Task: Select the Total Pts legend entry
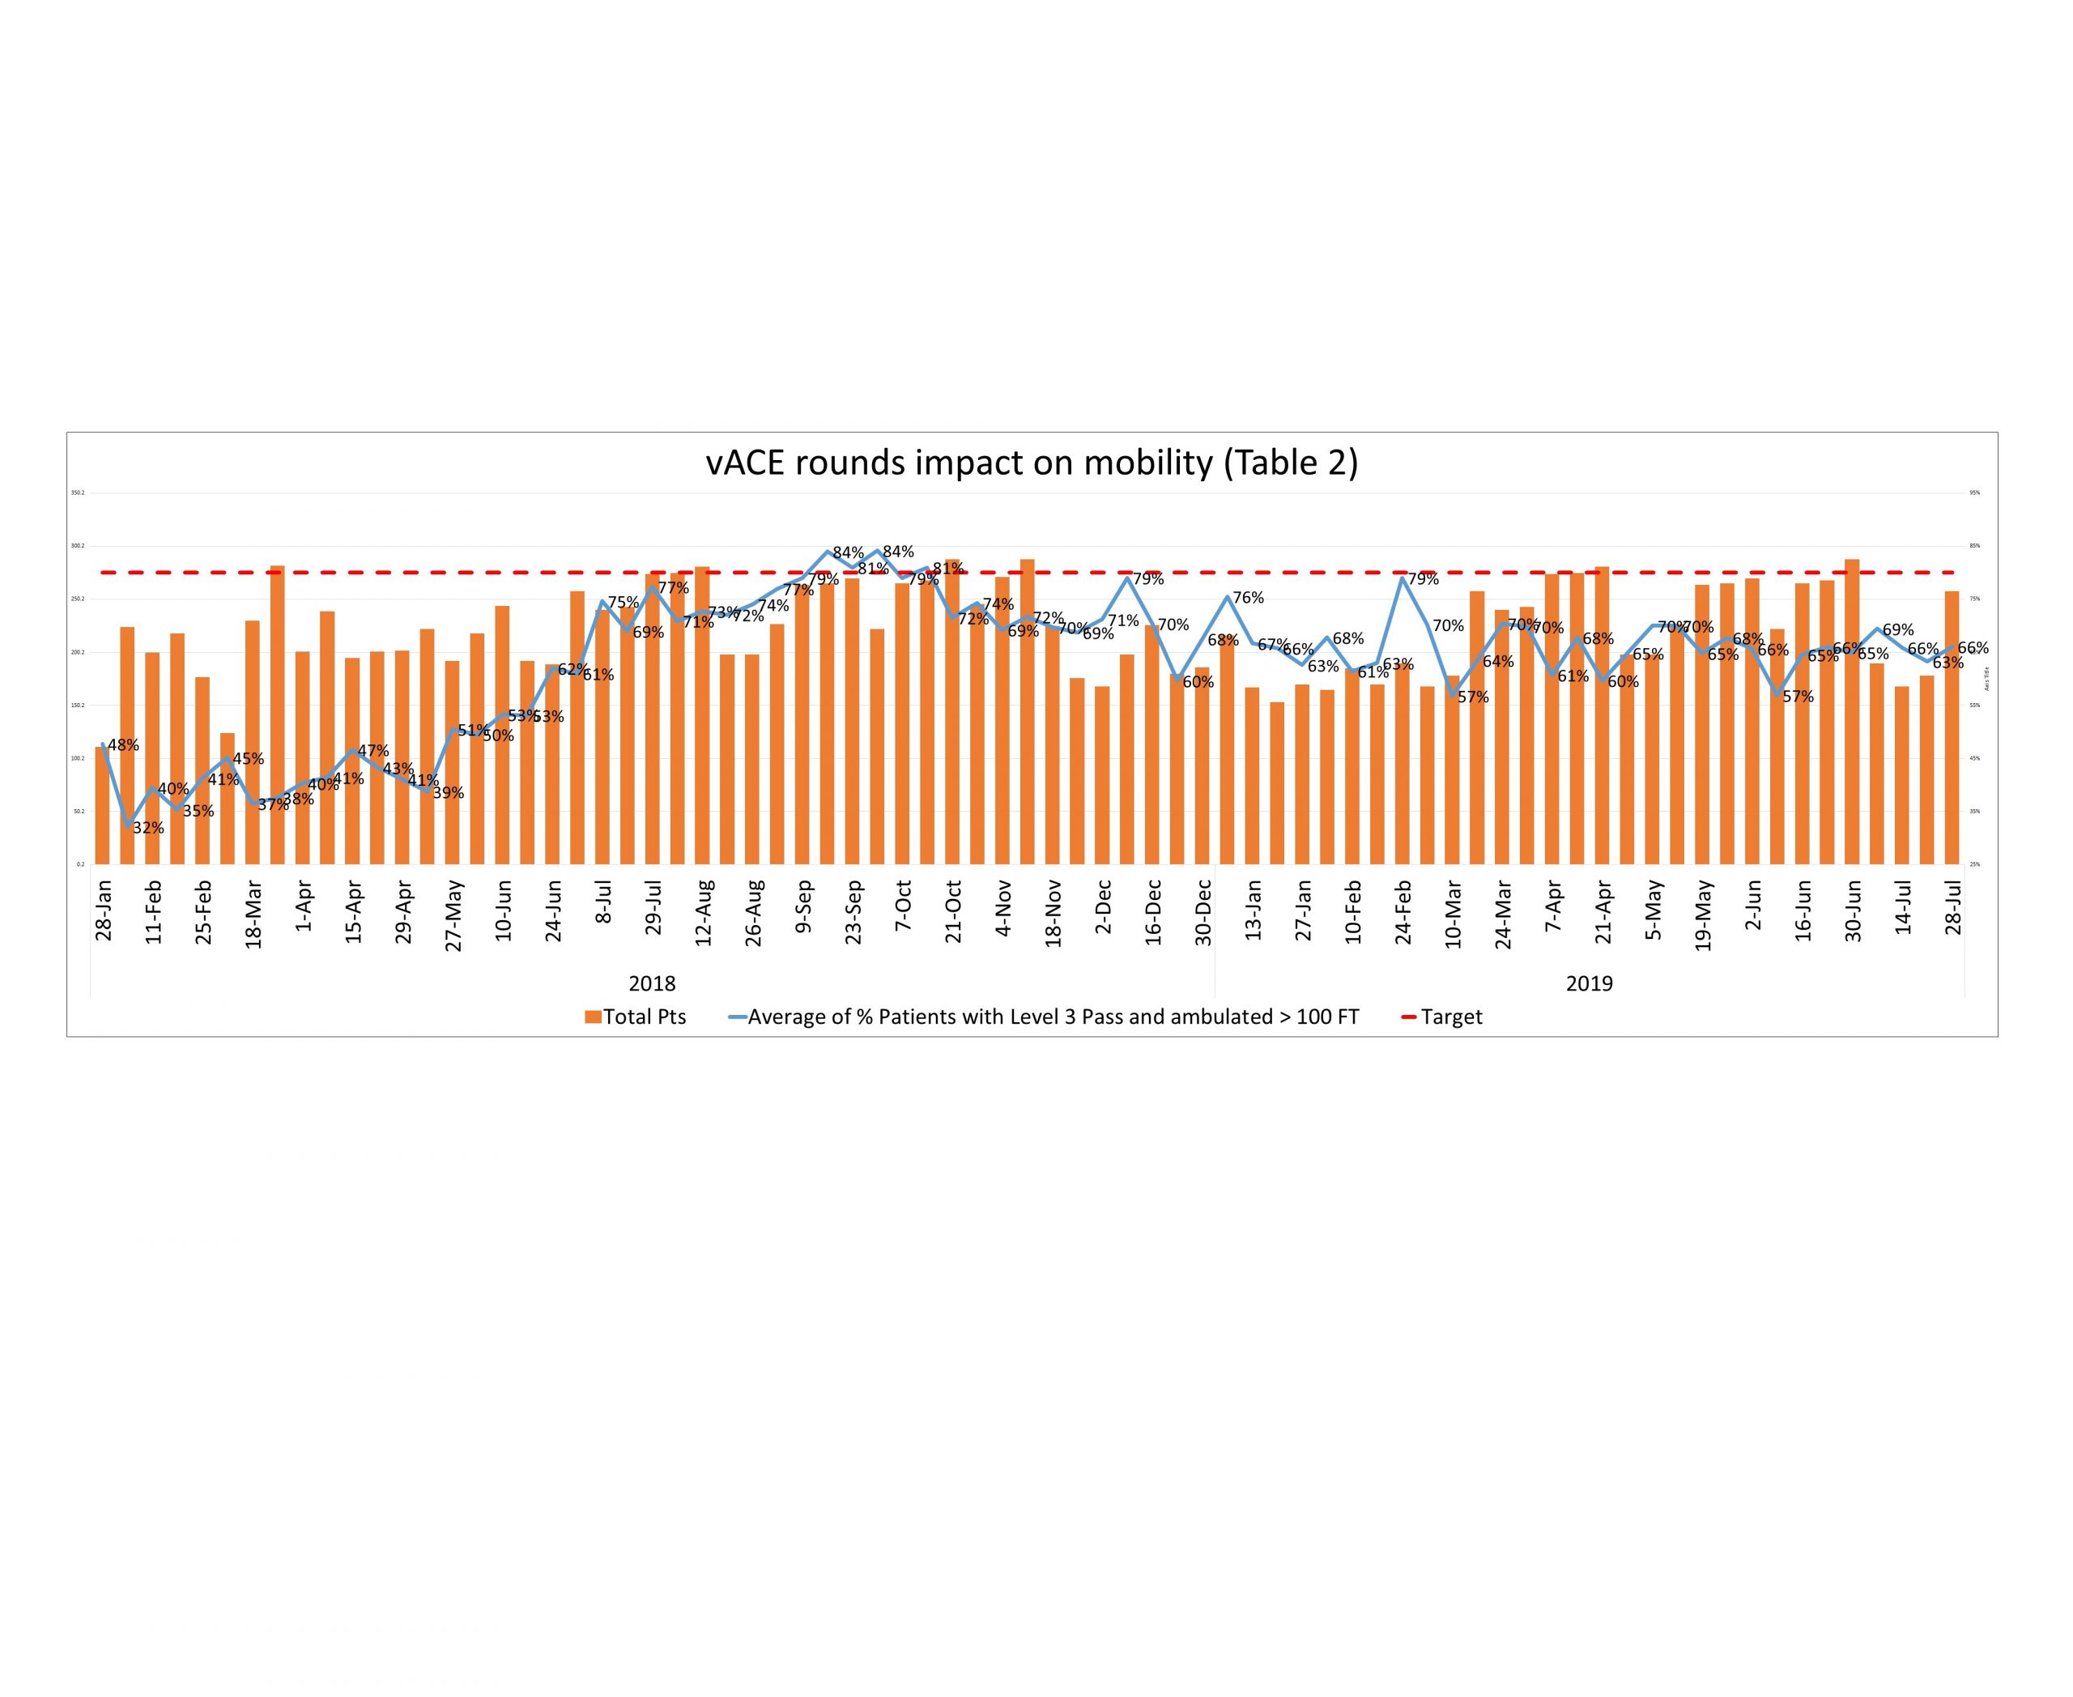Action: pyautogui.click(x=636, y=1017)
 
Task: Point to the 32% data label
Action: pyautogui.click(x=148, y=828)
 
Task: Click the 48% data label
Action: pyautogui.click(x=123, y=745)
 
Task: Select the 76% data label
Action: pyautogui.click(x=1248, y=597)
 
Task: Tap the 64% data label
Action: pyautogui.click(x=1497, y=662)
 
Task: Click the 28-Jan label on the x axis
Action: pyautogui.click(x=104, y=910)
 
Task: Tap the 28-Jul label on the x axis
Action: pyautogui.click(x=1953, y=908)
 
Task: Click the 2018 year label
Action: pyautogui.click(x=652, y=983)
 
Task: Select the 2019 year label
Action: pyautogui.click(x=1590, y=983)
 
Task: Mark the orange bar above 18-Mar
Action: pyautogui.click(x=252, y=743)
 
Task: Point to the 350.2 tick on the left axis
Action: pyautogui.click(x=79, y=492)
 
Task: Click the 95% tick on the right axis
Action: pyautogui.click(x=1974, y=492)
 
